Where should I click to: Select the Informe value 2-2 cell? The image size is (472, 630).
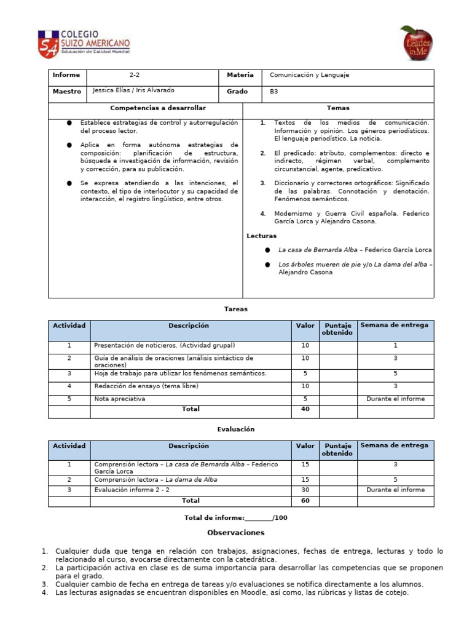click(134, 75)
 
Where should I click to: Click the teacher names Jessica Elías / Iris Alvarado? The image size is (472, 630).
click(133, 90)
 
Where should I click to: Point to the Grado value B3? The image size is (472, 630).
click(274, 92)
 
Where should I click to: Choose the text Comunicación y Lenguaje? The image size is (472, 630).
click(309, 75)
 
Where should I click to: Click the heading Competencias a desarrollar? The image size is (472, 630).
click(145, 108)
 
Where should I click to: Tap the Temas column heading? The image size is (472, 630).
click(338, 108)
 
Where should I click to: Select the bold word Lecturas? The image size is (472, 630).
click(262, 236)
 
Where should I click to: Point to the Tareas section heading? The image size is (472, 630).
click(236, 309)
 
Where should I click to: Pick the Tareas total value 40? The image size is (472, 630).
click(305, 409)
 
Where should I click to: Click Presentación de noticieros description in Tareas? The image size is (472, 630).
click(164, 345)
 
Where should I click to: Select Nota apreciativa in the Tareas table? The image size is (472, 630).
click(120, 399)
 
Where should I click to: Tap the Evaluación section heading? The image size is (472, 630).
click(235, 429)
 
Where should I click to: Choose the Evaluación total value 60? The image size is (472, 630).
click(305, 501)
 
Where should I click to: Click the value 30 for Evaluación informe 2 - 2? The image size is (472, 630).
click(305, 490)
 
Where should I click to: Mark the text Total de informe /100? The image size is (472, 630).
click(235, 518)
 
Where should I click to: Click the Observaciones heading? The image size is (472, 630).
click(235, 533)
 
